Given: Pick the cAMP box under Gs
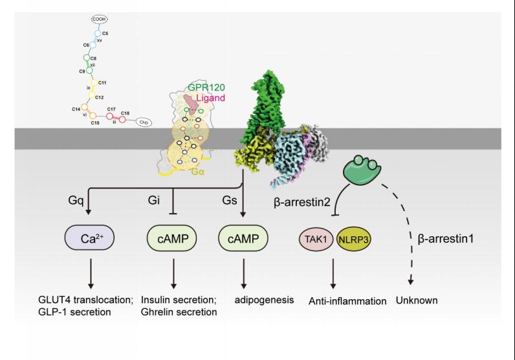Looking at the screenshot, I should coord(244,239).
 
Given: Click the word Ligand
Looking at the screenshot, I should coord(210,97).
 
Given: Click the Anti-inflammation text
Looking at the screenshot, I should coord(347,300).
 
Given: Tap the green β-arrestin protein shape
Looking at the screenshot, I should coord(361,170).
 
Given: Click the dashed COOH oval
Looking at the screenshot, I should coord(100,20).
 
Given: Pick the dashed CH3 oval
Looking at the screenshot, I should coord(144,122).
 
